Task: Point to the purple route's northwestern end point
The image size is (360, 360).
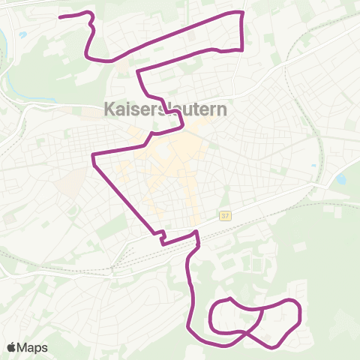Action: pos(61,16)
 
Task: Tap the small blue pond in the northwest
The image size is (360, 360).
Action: pos(23,34)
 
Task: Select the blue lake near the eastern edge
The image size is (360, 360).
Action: pos(341,180)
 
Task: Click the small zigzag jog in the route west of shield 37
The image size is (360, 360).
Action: pos(160,236)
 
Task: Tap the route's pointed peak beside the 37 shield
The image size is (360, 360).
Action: pos(196,232)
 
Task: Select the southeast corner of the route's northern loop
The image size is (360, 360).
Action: pos(241,49)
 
